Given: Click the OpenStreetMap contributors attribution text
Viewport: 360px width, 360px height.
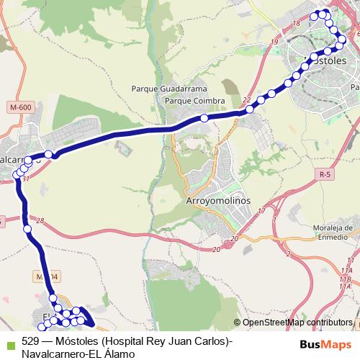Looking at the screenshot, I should point(297,323).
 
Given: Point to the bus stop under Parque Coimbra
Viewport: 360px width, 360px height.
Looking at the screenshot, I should point(204,118).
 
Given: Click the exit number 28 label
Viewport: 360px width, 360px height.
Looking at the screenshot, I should point(40,221).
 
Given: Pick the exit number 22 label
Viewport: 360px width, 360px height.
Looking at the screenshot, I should point(247,100).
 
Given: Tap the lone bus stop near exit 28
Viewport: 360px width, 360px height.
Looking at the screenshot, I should point(27,229).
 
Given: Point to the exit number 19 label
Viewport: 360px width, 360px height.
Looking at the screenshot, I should point(275,42).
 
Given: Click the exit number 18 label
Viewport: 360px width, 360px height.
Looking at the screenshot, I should point(295,24).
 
